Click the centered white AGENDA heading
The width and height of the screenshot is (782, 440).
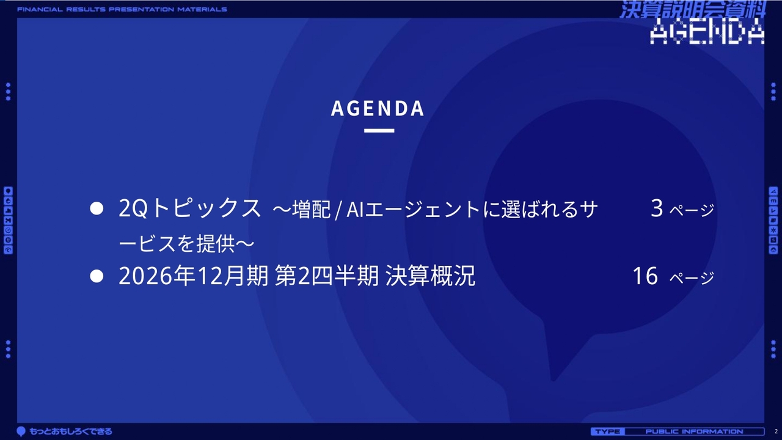click(x=378, y=108)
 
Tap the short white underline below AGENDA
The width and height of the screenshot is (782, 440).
click(x=379, y=131)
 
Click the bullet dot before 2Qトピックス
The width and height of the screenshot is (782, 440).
click(x=97, y=208)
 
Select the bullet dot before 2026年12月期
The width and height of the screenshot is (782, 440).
click(x=97, y=276)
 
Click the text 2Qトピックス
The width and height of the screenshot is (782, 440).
click(x=189, y=208)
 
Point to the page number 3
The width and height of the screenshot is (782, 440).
click(x=657, y=208)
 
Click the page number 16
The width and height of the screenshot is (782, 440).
click(x=645, y=276)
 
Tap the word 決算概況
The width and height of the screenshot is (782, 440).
click(x=430, y=276)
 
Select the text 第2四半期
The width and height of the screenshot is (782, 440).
click(x=327, y=276)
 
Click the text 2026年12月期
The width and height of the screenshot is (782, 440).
click(x=194, y=276)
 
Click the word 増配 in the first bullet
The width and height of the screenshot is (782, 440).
click(x=311, y=209)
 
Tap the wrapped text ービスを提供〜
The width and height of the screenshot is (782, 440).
click(x=186, y=243)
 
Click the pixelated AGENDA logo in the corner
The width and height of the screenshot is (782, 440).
click(x=707, y=31)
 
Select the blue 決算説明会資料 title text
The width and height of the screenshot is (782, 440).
click(x=693, y=9)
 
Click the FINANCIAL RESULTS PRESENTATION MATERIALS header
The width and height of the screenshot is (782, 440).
click(x=122, y=9)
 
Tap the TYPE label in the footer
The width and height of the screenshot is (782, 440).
click(x=607, y=431)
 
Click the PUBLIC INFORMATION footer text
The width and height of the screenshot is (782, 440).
click(x=694, y=431)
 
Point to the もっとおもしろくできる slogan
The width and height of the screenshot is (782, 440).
click(x=70, y=431)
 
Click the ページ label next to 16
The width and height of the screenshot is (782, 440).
click(x=692, y=278)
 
